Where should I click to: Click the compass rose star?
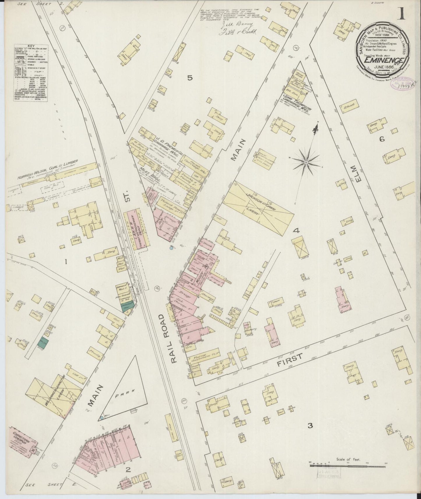pyautogui.click(x=306, y=162)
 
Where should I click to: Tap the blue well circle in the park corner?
pyautogui.click(x=101, y=418)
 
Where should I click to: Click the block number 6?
pyautogui.click(x=381, y=139)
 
